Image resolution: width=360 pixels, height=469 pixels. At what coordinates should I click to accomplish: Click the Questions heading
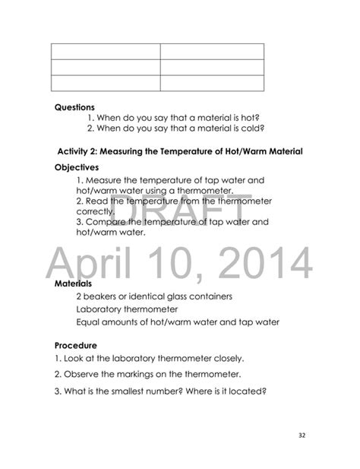[x=74, y=107]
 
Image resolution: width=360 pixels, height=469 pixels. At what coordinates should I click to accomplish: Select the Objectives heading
[x=77, y=166]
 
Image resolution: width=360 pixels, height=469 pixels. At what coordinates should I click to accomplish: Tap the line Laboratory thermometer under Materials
[x=128, y=309]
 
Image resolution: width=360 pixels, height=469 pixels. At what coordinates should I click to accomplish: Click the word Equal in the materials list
[x=90, y=322]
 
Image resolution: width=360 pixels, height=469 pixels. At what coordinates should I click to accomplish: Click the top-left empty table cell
[x=106, y=51]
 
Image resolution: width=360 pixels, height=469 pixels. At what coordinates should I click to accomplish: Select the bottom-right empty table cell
[x=212, y=84]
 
